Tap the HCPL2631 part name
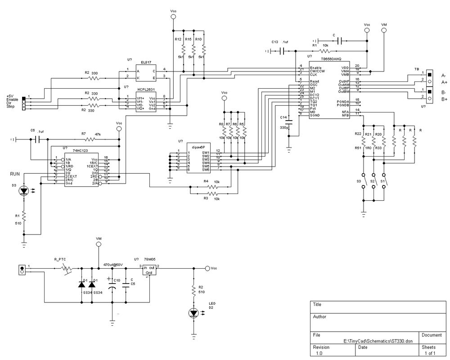click(147, 90)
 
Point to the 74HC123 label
click(79, 149)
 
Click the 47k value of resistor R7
click(97, 134)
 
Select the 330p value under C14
click(283, 128)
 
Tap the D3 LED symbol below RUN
click(24, 191)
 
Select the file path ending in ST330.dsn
click(378, 342)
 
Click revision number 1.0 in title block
click(319, 354)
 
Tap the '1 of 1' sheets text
click(428, 354)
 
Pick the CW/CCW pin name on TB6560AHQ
click(317, 71)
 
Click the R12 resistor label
click(178, 40)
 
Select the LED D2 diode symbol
click(194, 312)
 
